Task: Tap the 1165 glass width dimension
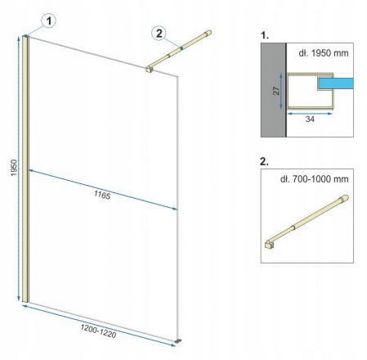point(101,196)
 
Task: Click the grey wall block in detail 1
point(272,90)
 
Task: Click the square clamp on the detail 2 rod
point(271,245)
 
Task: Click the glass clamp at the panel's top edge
point(149,68)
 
